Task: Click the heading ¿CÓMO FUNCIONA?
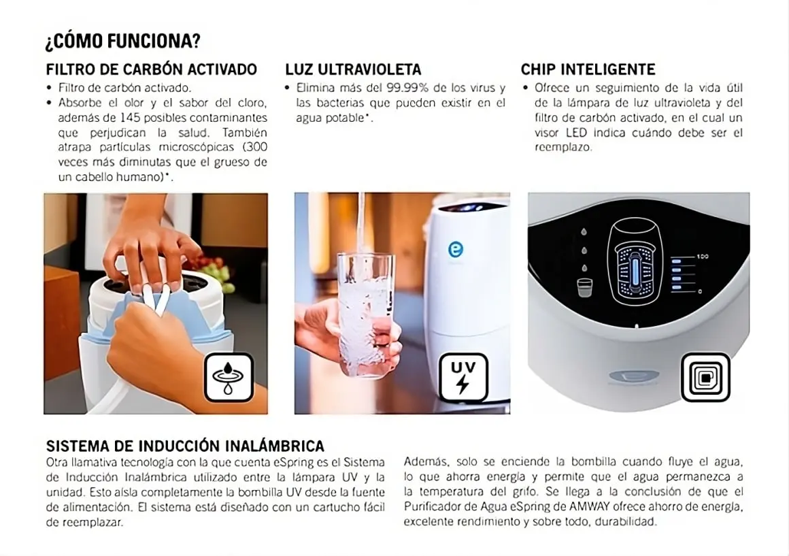coord(122,42)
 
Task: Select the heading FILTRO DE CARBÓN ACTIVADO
coord(152,69)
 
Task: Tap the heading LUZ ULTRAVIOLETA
coord(353,69)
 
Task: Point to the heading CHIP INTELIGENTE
coord(588,69)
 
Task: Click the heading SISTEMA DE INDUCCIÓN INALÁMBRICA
coord(185,446)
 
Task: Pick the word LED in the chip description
coord(576,133)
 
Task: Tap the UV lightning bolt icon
coord(463,377)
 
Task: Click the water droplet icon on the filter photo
coord(229,377)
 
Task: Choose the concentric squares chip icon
coord(705,377)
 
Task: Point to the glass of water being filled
coord(365,313)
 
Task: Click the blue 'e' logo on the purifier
coord(455,250)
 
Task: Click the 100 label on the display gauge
coord(702,257)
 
